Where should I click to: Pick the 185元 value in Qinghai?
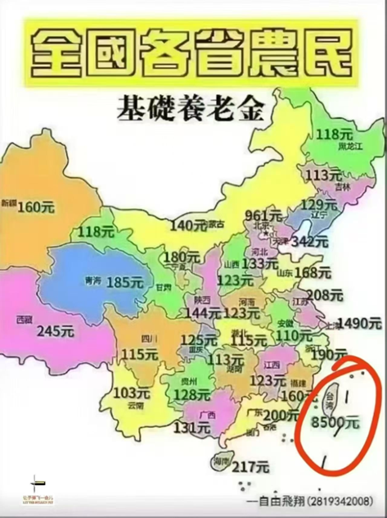pos(124,282)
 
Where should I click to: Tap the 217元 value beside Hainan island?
pos(250,467)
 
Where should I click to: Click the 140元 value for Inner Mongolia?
pos(189,225)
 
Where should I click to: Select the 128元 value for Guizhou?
pos(192,395)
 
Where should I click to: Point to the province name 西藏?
pos(24,319)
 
